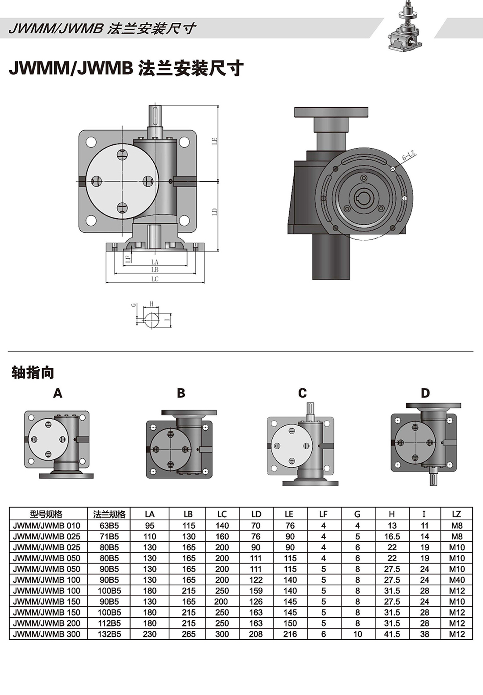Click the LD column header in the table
coord(256,514)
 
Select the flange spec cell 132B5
coord(109,634)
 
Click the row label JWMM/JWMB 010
coord(47,526)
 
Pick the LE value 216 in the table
coord(290,634)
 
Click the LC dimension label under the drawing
coord(155,279)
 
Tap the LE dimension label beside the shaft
coord(215,141)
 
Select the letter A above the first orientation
coord(58,393)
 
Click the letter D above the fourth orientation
coord(425,393)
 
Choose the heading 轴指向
coord(33,373)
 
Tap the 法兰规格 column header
coord(109,514)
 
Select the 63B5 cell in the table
coord(109,526)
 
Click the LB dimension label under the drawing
coord(155,270)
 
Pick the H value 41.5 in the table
coord(392,634)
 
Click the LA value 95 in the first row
coord(150,526)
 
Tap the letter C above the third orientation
coord(303,393)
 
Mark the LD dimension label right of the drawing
coord(215,211)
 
